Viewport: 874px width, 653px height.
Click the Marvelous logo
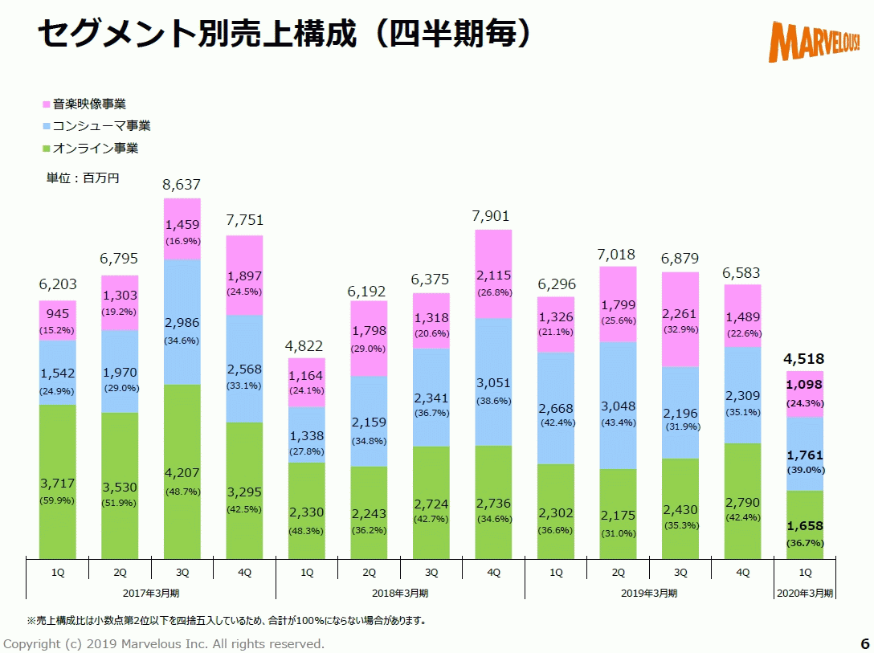814,40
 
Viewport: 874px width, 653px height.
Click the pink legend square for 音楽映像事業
47,104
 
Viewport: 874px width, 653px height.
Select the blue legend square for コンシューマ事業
47,126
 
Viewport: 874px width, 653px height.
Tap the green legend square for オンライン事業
47,149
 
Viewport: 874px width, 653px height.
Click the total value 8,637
182,186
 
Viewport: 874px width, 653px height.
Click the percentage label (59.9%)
57,500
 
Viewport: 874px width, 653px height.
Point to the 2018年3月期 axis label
399,593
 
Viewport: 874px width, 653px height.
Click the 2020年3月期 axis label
805,593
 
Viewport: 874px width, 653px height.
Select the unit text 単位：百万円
83,178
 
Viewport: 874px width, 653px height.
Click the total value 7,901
493,216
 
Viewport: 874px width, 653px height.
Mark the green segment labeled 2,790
743,502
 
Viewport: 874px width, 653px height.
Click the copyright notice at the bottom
164,643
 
